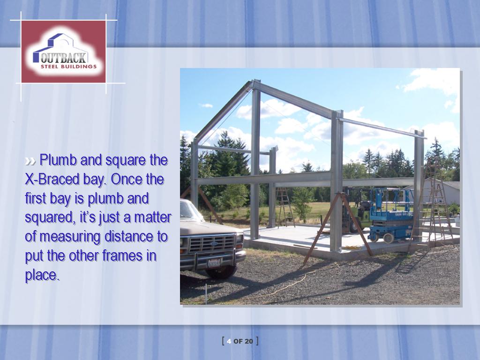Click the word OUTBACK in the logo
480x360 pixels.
[x=64, y=58]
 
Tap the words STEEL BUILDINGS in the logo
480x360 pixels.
[x=68, y=67]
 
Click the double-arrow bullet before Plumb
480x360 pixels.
[x=30, y=161]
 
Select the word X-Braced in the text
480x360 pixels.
[x=52, y=180]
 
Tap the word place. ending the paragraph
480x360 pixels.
[x=42, y=275]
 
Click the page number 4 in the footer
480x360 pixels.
[x=229, y=341]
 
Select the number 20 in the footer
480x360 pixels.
[x=249, y=341]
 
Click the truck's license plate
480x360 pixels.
[x=214, y=262]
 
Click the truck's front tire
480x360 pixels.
[x=221, y=271]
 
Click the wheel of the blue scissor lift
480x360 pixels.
[x=389, y=238]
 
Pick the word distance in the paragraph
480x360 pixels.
[x=128, y=237]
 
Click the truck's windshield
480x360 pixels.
[x=188, y=210]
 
